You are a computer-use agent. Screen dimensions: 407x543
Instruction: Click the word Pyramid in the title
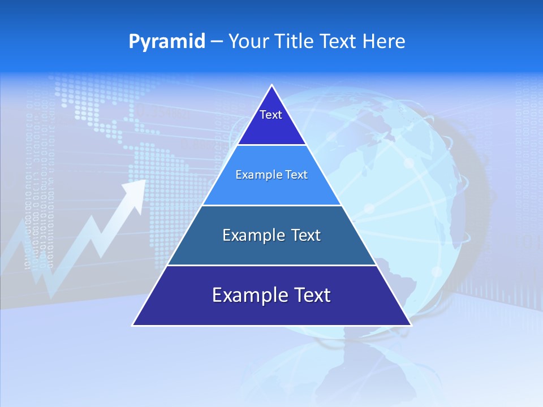tap(167, 42)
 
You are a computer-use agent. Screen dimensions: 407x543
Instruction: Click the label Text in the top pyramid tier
tap(271, 115)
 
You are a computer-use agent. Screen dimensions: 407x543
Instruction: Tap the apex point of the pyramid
tap(272, 86)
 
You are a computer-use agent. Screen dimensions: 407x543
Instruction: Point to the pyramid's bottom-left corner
tap(133, 325)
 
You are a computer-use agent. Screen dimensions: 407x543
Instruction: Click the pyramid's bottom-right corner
tap(410, 325)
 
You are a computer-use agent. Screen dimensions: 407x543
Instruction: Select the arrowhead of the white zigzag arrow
tap(135, 192)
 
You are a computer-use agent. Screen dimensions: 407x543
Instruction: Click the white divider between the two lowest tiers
tap(271, 265)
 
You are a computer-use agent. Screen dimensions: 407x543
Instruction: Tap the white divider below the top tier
tap(271, 145)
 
